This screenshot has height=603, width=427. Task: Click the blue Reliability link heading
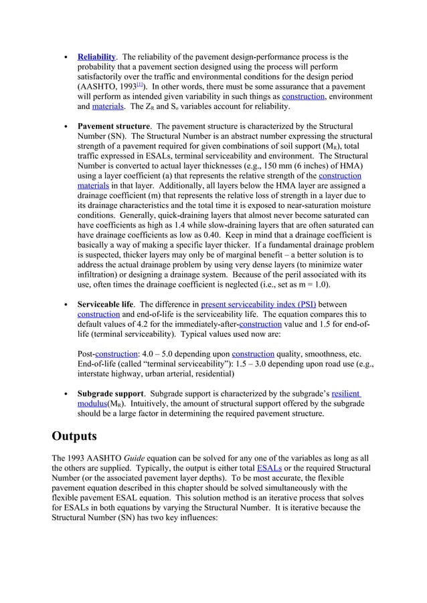[x=96, y=57]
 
